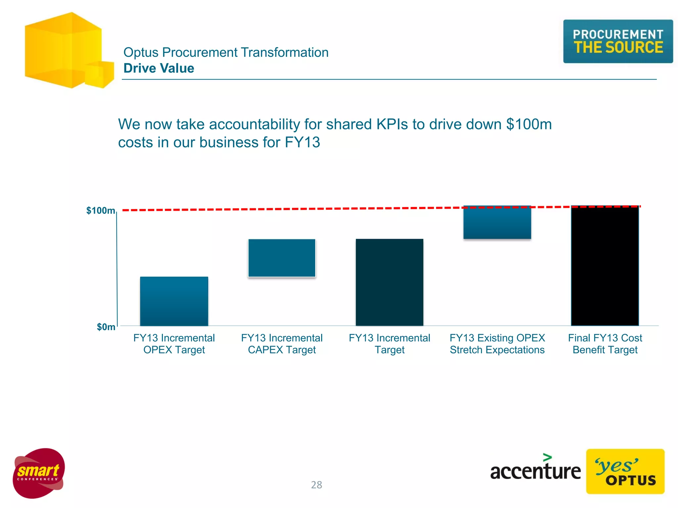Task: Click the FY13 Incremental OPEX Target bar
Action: click(x=174, y=301)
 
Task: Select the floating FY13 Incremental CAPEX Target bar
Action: click(x=282, y=258)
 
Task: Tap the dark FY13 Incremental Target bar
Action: click(x=389, y=282)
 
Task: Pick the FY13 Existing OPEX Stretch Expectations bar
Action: click(x=497, y=222)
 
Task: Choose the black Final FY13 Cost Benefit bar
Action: click(x=605, y=266)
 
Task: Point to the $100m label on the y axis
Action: click(x=101, y=211)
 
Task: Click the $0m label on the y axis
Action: click(x=106, y=327)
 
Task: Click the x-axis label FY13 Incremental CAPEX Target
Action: click(x=282, y=344)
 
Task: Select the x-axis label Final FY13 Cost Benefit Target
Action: click(x=605, y=344)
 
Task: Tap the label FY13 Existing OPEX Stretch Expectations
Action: click(x=497, y=344)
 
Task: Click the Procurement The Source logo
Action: click(x=618, y=41)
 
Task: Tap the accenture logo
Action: click(x=535, y=470)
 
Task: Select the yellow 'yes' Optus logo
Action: click(x=625, y=471)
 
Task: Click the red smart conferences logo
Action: click(x=39, y=473)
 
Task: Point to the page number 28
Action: click(x=316, y=485)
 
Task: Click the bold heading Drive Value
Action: click(x=159, y=68)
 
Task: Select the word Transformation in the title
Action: click(x=284, y=52)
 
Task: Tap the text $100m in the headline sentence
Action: click(x=529, y=124)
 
